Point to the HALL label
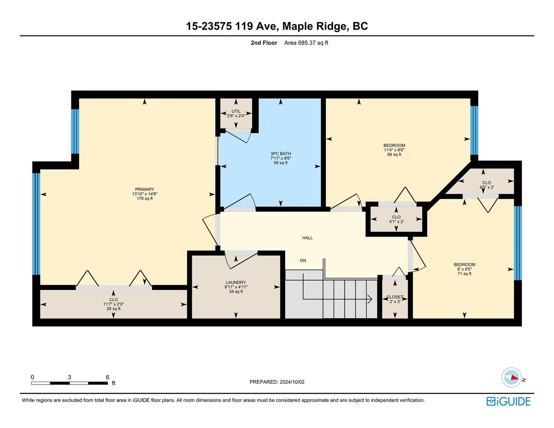coord(308,238)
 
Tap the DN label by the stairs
coord(303,261)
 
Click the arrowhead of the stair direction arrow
coord(369,299)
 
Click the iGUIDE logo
coord(508,402)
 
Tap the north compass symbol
coord(511,378)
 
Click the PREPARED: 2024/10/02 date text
coord(277,382)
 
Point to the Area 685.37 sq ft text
coord(306,43)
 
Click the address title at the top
coord(277,26)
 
